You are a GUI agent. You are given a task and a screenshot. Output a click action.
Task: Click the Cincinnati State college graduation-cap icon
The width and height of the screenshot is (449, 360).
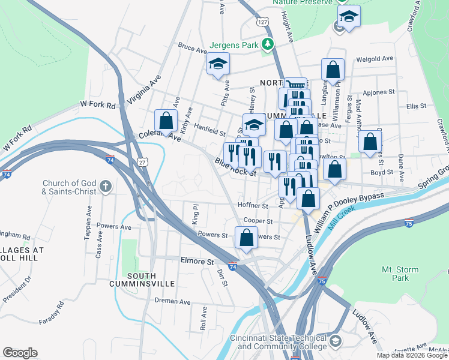pos(335,341)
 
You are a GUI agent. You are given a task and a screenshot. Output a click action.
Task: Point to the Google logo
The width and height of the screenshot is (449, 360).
pos(20,353)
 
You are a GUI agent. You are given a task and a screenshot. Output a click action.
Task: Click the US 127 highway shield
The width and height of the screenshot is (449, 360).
pos(262,22)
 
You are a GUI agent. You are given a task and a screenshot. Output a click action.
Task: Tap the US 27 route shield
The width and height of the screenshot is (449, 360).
pos(142,161)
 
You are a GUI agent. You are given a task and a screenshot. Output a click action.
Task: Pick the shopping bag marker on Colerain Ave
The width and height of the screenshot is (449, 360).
pos(165,120)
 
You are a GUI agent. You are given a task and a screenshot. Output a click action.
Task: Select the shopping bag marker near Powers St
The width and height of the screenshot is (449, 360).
pos(246,238)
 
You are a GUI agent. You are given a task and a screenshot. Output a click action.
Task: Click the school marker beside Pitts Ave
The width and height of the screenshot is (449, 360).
pos(218,64)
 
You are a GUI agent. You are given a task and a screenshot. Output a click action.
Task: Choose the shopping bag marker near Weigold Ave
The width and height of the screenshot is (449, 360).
pos(332,70)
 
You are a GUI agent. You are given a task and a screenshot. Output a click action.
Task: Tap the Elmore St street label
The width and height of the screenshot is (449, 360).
pos(197,262)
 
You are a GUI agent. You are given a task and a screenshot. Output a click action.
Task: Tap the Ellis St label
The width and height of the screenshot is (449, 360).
pos(416,106)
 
